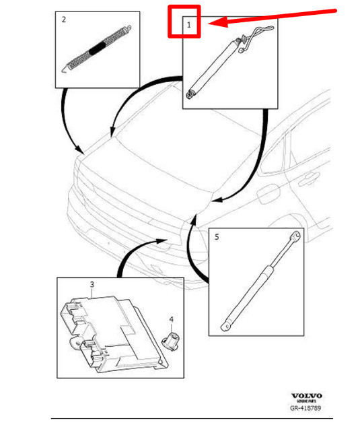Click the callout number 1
(190, 26)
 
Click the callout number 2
(63, 20)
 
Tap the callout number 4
(171, 319)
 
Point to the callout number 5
(216, 237)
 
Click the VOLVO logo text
(306, 395)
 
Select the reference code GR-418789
(306, 408)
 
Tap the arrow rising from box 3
(135, 253)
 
